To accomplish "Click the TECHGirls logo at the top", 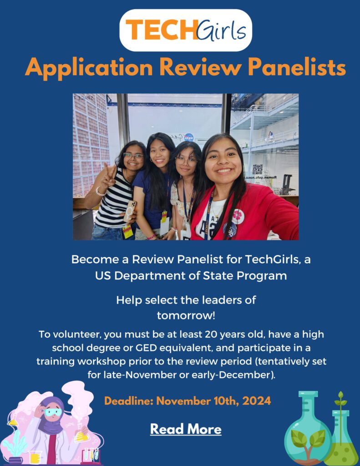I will (x=186, y=30).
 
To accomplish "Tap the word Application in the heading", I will (x=89, y=68).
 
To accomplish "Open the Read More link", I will (x=186, y=429).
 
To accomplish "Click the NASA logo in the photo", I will (x=188, y=137).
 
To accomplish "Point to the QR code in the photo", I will (x=258, y=169).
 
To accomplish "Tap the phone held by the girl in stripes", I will (x=130, y=211).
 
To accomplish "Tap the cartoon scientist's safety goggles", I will (x=53, y=412).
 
